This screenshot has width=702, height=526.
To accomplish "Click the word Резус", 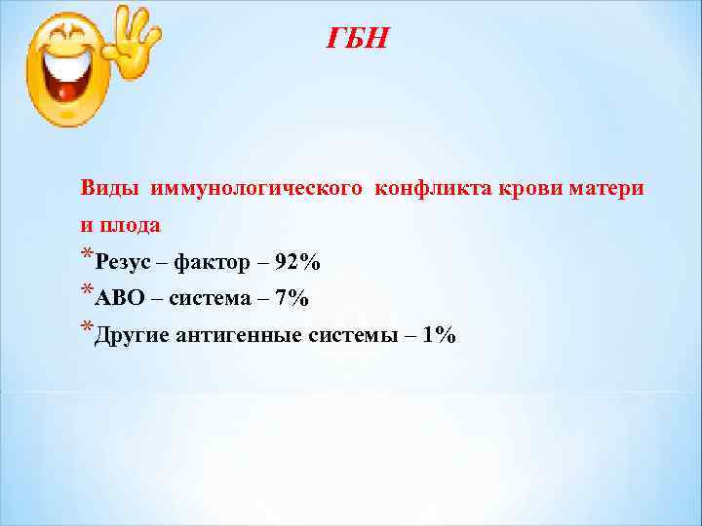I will [x=123, y=262].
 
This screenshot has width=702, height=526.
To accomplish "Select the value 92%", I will [x=297, y=262].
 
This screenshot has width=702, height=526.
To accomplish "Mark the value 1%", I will [x=439, y=336].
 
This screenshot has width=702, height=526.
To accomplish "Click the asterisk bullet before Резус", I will [x=88, y=256].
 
